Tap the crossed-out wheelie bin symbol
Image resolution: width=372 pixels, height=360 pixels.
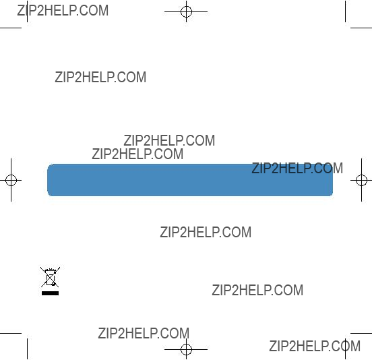pos(50,277)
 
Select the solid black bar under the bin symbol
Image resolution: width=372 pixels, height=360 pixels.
pos(50,293)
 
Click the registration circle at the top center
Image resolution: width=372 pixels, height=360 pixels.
pos(186,11)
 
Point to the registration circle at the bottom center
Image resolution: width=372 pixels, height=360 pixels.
pos(186,349)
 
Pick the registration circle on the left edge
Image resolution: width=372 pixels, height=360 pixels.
pos(11,180)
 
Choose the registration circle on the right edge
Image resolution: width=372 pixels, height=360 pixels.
pos(361,180)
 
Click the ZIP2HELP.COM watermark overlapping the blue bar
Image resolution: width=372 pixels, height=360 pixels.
pos(297,168)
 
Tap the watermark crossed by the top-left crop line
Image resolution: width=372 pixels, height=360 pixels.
pos(63,10)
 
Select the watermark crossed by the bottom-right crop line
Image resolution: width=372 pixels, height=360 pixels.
pos(315,346)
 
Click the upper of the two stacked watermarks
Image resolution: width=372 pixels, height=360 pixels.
pos(169,140)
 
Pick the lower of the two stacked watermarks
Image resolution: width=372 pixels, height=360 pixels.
pos(137,154)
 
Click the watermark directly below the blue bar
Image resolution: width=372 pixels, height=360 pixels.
pos(206,232)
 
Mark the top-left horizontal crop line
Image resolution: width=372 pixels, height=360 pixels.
pos(11,28)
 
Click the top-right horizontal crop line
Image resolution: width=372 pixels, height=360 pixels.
pos(361,28)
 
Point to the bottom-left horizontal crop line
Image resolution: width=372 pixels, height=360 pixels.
pos(11,333)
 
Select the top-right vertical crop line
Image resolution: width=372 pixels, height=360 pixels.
pos(345,11)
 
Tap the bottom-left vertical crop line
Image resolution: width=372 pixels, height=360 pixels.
pos(27,349)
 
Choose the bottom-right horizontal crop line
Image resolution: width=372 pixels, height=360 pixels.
pos(361,333)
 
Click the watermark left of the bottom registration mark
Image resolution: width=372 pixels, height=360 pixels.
pos(144,333)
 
